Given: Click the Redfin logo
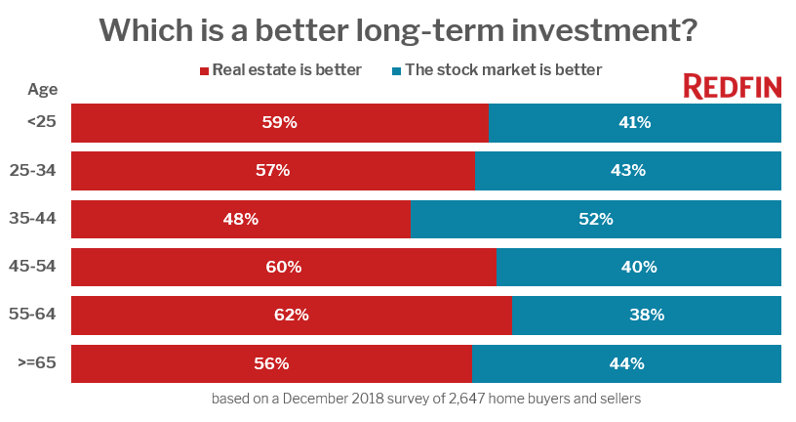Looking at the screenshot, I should point(732,87).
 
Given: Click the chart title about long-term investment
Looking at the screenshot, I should point(398,30).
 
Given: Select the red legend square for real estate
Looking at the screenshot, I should point(205,70).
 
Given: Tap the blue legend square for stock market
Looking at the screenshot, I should point(397,70).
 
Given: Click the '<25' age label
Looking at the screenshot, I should point(43,122).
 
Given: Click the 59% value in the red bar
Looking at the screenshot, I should point(279,122).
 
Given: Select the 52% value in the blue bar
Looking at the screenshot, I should point(595,219).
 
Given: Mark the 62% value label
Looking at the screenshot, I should point(291,315).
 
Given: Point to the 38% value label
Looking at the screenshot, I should point(646,315).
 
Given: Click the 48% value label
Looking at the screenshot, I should point(240,219).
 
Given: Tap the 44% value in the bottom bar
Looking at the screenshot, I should point(626,363).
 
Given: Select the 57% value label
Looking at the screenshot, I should point(272,170).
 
